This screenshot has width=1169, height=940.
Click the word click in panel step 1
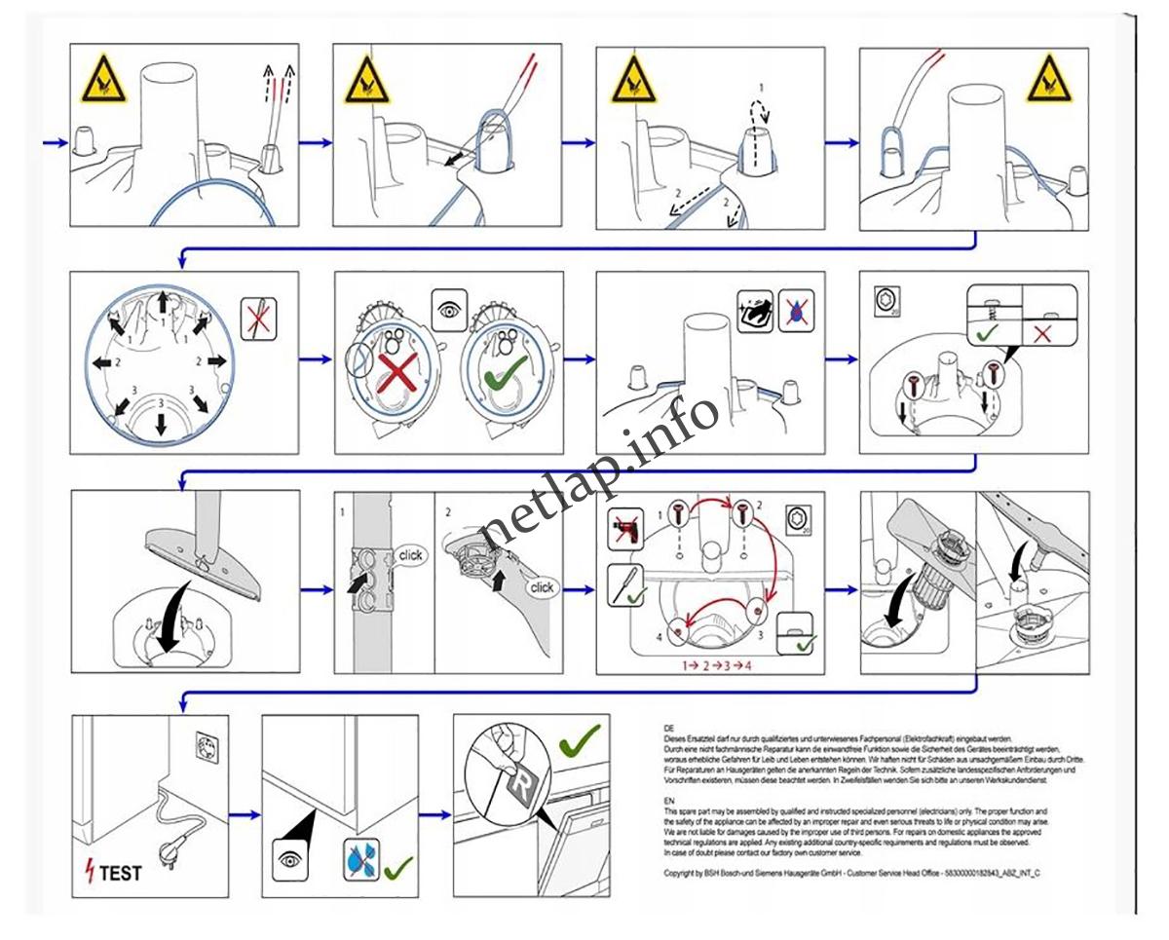411,555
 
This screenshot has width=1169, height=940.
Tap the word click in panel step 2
542,587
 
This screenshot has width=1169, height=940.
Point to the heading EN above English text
668,801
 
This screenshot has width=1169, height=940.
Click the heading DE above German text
668,729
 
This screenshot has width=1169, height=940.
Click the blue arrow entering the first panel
55,142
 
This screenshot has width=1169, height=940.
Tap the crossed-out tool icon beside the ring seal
259,320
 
